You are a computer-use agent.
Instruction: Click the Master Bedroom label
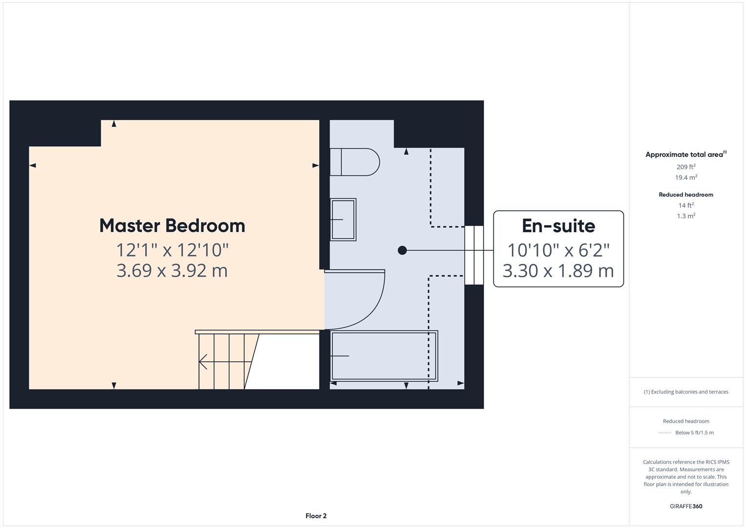point(172,226)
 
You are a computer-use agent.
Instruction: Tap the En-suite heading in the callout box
point(558,226)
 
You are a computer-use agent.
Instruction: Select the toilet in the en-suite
point(355,162)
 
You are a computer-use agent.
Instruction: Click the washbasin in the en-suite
point(343,220)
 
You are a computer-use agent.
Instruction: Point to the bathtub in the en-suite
point(384,356)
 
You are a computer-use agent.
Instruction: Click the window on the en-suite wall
point(473,255)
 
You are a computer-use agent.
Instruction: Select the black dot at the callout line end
point(402,250)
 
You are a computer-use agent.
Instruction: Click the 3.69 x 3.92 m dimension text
point(172,270)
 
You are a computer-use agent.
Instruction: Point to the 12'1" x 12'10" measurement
point(172,250)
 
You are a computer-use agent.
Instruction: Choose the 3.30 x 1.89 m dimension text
point(558,270)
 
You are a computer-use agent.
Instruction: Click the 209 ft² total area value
point(686,167)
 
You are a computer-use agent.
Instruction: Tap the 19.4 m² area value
point(686,177)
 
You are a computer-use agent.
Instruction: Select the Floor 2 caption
point(316,516)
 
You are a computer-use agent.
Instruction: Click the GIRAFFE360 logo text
point(686,506)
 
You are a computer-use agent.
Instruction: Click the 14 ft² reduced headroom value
point(686,205)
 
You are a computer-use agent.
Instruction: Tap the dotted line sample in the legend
point(665,433)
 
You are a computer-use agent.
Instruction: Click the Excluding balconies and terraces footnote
point(686,392)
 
